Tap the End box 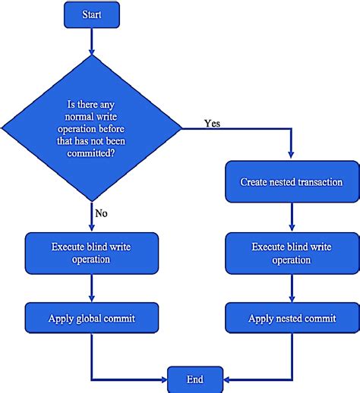195,378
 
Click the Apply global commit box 91,318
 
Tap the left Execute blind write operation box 91,253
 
